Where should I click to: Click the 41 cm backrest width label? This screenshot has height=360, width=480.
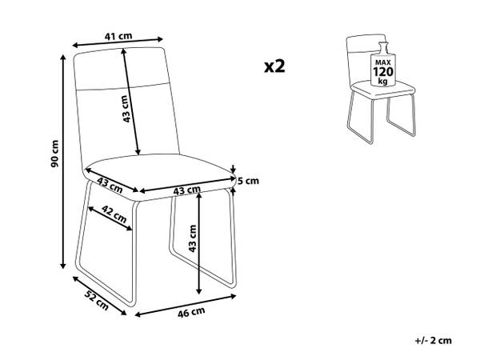click(118, 36)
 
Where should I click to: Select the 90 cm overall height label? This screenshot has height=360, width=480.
click(54, 154)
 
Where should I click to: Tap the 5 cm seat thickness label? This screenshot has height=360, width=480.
click(248, 181)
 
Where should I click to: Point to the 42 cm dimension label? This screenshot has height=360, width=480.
click(114, 214)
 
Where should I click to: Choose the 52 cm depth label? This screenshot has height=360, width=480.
click(97, 300)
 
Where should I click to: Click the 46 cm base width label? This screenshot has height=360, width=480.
click(191, 313)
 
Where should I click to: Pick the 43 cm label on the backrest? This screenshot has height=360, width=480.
click(126, 109)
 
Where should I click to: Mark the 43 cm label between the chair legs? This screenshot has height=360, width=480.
click(192, 238)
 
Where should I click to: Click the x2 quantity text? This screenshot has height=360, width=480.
click(274, 66)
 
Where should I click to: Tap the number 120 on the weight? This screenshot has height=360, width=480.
click(382, 72)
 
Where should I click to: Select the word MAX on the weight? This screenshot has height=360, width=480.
click(382, 62)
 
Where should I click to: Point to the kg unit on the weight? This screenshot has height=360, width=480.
click(382, 81)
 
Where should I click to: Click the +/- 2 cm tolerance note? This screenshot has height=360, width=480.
click(434, 341)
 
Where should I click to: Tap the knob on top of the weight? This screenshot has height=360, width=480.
click(382, 46)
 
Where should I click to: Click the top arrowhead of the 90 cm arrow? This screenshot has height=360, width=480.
click(63, 58)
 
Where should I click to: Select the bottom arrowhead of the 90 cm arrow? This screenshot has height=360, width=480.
click(63, 266)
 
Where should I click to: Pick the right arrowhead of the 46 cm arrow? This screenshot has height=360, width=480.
click(233, 296)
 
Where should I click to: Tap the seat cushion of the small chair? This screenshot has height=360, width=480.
click(382, 90)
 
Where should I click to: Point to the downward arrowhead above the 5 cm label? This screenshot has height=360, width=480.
click(234, 170)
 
